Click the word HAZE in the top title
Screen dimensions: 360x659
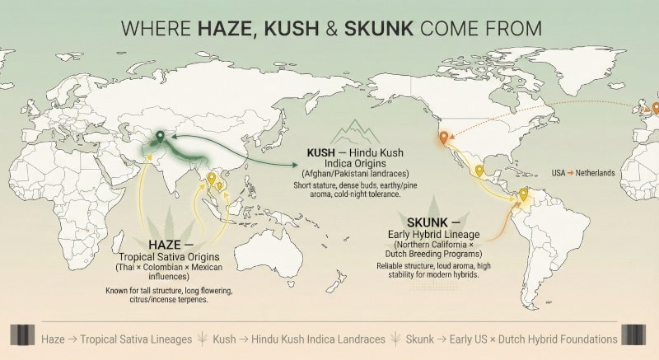click(227, 27)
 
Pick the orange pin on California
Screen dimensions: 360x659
click(442, 138)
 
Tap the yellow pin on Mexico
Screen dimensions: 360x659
click(479, 171)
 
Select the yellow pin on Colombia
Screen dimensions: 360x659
click(522, 195)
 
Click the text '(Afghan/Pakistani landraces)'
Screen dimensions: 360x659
click(348, 173)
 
